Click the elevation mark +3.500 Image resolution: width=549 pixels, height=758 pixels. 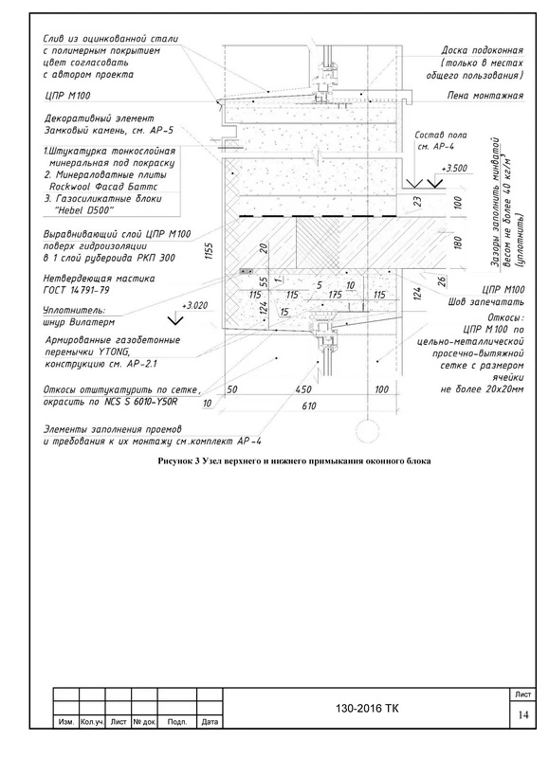pyautogui.click(x=454, y=169)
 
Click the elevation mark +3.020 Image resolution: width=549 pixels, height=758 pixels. pyautogui.click(x=195, y=305)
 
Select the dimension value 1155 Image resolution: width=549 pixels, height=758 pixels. pyautogui.click(x=210, y=251)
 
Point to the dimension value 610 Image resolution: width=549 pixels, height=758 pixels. pyautogui.click(x=309, y=406)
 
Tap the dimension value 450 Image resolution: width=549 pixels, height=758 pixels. pyautogui.click(x=303, y=389)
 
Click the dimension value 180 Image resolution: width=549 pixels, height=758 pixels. pyautogui.click(x=459, y=242)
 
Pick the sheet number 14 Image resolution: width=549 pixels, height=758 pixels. pyautogui.click(x=523, y=715)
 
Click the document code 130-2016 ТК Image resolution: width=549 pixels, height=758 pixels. pyautogui.click(x=368, y=709)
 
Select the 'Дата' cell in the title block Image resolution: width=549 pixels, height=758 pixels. pyautogui.click(x=210, y=722)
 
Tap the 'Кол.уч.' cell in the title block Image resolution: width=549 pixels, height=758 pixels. pyautogui.click(x=92, y=722)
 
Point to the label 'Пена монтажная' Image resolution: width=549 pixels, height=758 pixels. pyautogui.click(x=485, y=96)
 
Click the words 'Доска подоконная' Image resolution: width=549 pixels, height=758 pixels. pyautogui.click(x=483, y=50)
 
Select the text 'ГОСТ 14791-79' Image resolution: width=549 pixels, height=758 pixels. pyautogui.click(x=77, y=290)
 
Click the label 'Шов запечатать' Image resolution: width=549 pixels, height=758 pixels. pyautogui.click(x=486, y=302)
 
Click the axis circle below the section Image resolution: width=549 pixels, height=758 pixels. pyautogui.click(x=368, y=430)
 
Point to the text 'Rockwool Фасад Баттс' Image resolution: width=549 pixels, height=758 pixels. pyautogui.click(x=103, y=187)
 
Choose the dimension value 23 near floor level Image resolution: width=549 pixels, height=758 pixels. pyautogui.click(x=418, y=201)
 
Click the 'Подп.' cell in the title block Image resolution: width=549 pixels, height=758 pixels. pyautogui.click(x=177, y=722)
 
